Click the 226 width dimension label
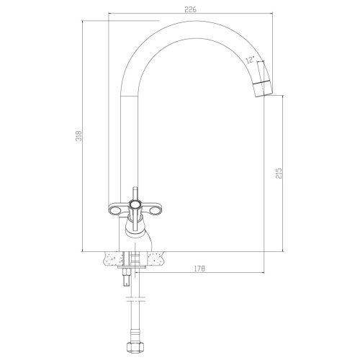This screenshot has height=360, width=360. pos(191,9)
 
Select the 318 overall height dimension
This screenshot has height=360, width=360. pos(79,136)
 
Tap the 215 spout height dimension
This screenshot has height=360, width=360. pos(279,174)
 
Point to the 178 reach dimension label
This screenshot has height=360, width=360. pos(199,269)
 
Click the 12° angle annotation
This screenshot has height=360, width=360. pos(250,59)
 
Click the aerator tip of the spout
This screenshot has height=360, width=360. pos(264,89)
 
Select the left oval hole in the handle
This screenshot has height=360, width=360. pos(116,211)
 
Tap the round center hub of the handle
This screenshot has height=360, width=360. pos(135,205)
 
